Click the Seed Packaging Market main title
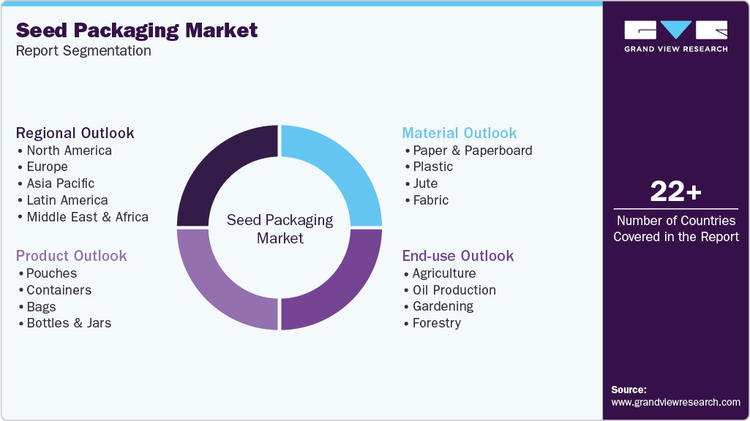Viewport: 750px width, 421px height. click(x=137, y=30)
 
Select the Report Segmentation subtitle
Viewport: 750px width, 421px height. click(x=83, y=50)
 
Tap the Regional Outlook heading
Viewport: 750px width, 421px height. click(x=75, y=133)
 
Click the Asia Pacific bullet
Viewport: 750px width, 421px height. click(x=61, y=183)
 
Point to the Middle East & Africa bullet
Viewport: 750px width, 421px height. click(x=87, y=217)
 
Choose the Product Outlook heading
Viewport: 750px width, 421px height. click(x=72, y=256)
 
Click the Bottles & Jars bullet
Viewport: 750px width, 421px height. click(x=69, y=323)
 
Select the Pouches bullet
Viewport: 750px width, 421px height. click(x=51, y=273)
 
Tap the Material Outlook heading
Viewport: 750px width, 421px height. click(x=460, y=133)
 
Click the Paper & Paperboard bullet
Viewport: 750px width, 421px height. click(x=472, y=151)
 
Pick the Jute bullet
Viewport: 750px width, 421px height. click(x=425, y=183)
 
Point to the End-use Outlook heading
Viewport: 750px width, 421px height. click(x=458, y=256)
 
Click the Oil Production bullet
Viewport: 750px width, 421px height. click(x=454, y=290)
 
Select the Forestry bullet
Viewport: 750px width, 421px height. click(x=436, y=323)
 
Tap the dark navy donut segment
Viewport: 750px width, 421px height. click(x=216, y=168)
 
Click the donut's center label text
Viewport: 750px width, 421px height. click(x=280, y=229)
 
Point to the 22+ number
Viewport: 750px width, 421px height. click(x=675, y=192)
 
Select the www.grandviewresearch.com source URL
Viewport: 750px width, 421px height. click(x=675, y=402)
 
